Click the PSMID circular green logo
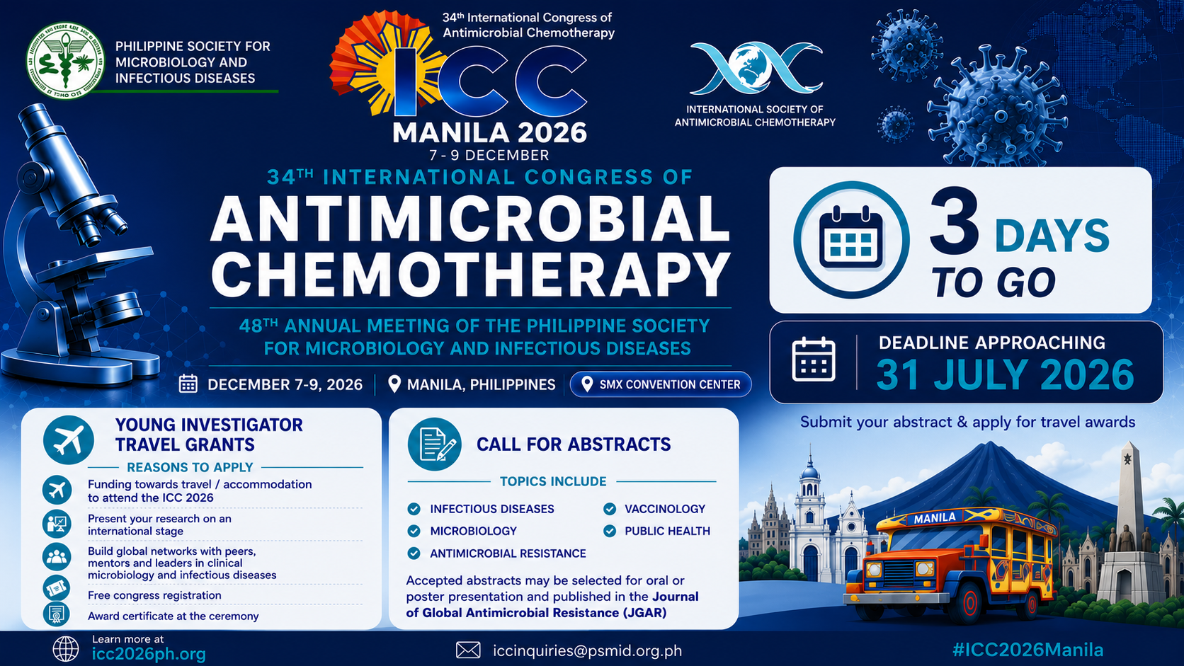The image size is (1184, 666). point(65,61)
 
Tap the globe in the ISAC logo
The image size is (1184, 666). point(756,66)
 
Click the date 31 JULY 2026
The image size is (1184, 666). point(1005,374)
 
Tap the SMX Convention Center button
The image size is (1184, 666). point(661,384)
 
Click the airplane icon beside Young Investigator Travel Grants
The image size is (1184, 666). point(69,440)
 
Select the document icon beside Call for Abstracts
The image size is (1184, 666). point(435,444)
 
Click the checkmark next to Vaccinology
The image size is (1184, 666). point(610,509)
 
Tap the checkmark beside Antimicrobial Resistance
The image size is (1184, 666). point(414,553)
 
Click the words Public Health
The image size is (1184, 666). point(667,531)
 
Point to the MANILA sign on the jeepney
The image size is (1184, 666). point(935,517)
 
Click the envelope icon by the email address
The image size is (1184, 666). point(468,650)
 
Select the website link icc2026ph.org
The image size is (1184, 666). point(149,654)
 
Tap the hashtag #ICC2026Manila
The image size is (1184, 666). point(1028,650)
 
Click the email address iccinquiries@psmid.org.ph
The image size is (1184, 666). point(587,650)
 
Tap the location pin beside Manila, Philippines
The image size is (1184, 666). point(394,384)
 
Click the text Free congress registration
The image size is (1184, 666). point(154,595)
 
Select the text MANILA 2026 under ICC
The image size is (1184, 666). point(489,132)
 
